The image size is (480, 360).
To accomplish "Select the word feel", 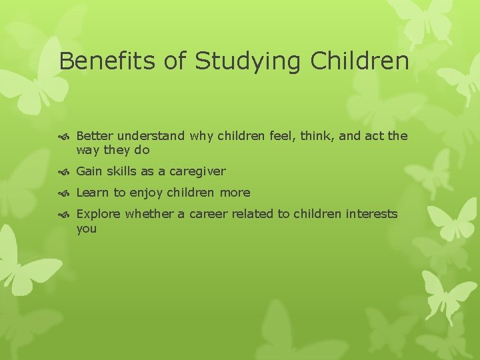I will click(x=283, y=136).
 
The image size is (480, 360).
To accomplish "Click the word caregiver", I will click(x=197, y=171).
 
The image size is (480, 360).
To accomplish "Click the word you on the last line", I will click(x=87, y=229).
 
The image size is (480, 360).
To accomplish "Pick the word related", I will click(x=257, y=214).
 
